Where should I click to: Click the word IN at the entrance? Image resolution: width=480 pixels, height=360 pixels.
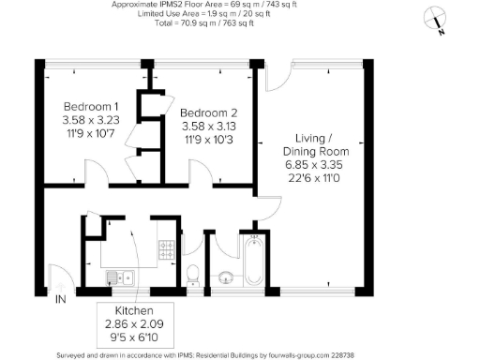[x=60, y=299]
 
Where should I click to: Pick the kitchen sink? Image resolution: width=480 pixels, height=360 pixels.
[x=119, y=277]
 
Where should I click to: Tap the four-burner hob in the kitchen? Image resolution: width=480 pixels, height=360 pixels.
[x=167, y=249]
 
